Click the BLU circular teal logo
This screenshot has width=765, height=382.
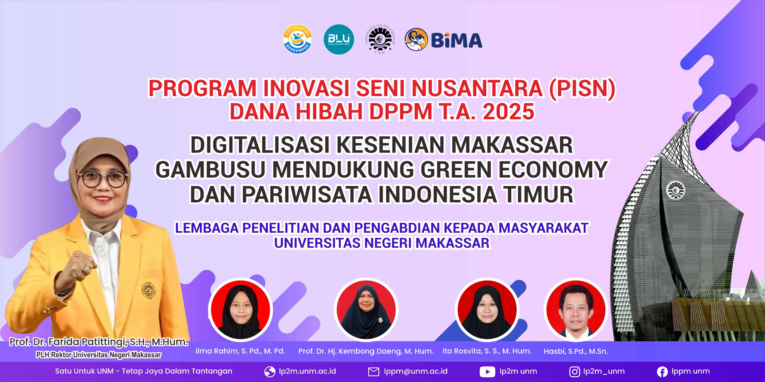tap(339, 39)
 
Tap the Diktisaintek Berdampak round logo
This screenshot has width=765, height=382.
tap(297, 39)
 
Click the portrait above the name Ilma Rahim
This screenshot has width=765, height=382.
tap(241, 309)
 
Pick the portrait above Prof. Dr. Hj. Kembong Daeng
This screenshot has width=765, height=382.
tap(366, 309)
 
